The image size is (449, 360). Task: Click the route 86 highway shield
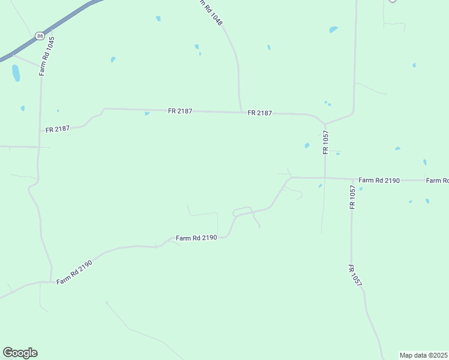tap(40, 36)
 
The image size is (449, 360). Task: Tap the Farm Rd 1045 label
tap(46, 56)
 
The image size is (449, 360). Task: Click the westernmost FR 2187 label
tap(58, 128)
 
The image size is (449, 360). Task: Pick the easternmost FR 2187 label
tap(260, 113)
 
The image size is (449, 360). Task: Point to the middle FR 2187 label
tap(180, 111)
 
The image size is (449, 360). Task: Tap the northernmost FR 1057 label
tap(325, 142)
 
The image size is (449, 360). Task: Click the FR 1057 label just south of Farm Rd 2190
tap(353, 197)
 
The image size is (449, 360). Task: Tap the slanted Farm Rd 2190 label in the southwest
tap(74, 273)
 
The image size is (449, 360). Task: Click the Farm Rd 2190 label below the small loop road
tap(196, 238)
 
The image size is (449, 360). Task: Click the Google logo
tap(20, 353)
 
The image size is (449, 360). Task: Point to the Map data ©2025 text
tap(424, 355)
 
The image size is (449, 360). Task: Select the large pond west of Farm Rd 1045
tap(16, 73)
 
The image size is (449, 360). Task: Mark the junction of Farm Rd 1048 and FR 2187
tap(241, 112)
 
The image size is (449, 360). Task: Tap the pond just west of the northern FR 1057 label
tap(307, 145)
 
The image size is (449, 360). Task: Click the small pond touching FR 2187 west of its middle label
tap(147, 113)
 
